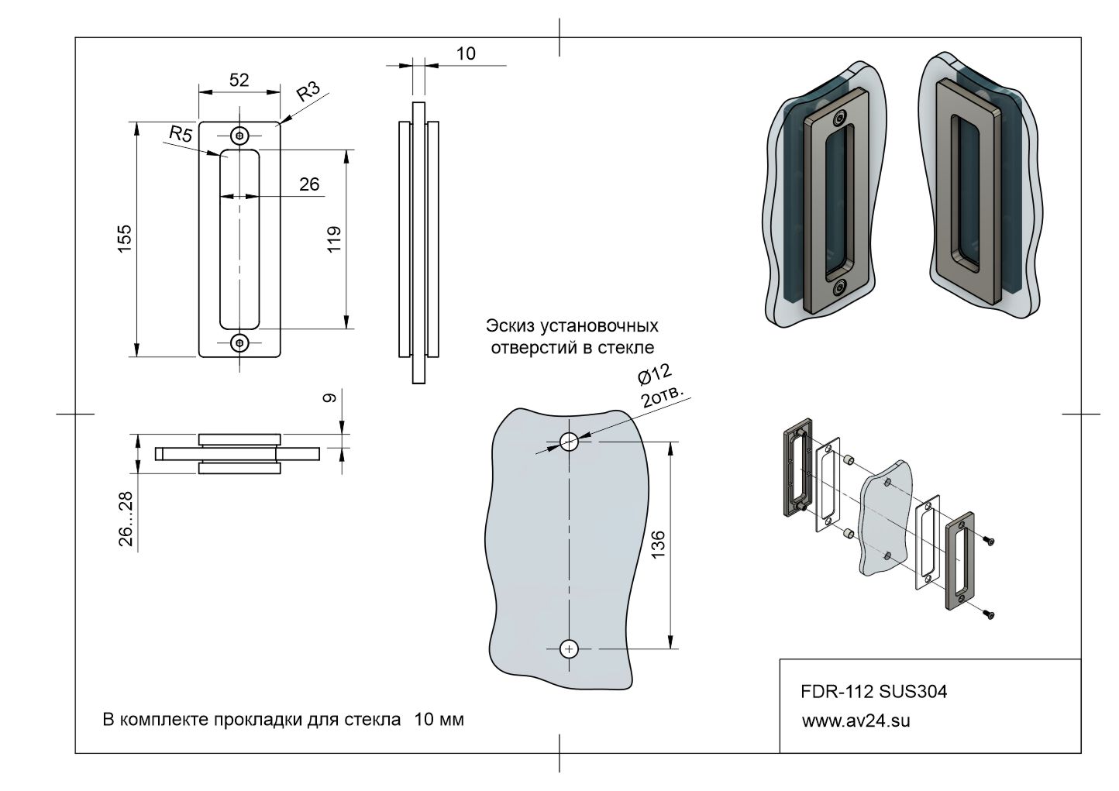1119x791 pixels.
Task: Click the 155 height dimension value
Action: point(125,239)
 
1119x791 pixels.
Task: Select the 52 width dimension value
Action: point(239,79)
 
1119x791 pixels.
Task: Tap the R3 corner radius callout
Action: point(308,91)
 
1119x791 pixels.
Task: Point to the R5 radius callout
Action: point(181,134)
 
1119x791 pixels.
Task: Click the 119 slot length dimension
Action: point(334,239)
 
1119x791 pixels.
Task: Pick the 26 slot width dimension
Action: point(308,184)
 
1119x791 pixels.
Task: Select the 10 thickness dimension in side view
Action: point(466,53)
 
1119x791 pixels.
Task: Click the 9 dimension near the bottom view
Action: point(329,398)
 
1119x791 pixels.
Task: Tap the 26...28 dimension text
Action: point(126,519)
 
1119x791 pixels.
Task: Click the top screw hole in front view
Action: point(239,136)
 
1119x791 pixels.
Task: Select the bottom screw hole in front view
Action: point(239,342)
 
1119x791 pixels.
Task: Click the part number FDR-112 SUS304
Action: point(873,692)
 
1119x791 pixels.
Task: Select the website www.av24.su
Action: point(856,720)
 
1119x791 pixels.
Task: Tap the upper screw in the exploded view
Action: point(987,542)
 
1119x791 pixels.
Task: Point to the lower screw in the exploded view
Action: point(987,614)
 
